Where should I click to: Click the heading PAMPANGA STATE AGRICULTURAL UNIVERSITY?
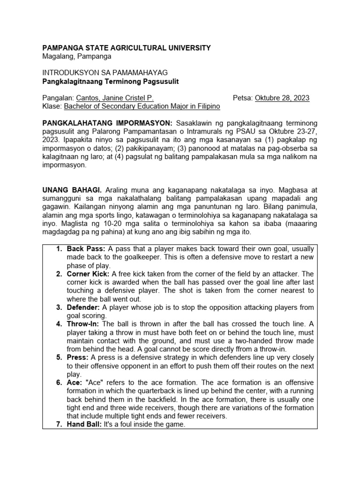point(127,48)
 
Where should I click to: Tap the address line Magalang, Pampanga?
point(77,56)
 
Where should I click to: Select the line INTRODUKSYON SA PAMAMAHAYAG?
point(105,73)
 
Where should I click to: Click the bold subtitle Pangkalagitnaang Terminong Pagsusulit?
point(111,81)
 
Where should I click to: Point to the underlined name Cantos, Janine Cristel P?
point(115,98)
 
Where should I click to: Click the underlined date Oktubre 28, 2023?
point(282,98)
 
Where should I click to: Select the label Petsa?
point(243,98)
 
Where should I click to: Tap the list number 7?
point(59,425)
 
